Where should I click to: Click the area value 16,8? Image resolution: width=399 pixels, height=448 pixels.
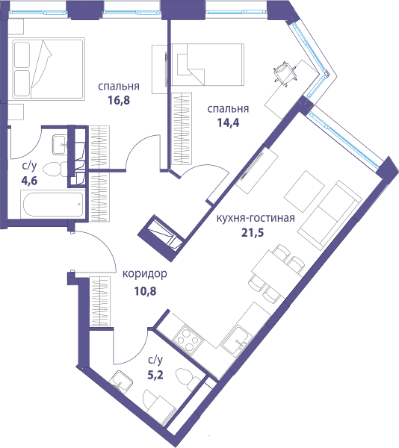(119, 100)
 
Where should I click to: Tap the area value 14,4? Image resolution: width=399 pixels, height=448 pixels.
(228, 122)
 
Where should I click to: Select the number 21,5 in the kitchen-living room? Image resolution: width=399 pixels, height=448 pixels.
(253, 232)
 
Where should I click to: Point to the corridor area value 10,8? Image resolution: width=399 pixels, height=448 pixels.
(145, 291)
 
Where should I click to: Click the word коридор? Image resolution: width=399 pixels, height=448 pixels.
(145, 274)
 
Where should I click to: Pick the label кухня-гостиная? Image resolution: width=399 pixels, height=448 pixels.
(256, 218)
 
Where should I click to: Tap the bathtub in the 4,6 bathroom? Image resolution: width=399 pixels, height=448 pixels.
(53, 205)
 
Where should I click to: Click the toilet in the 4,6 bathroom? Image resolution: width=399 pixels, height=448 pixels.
(55, 169)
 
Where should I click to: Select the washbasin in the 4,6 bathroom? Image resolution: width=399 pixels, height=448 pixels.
(60, 145)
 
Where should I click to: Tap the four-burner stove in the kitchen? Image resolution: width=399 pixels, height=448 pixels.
(188, 339)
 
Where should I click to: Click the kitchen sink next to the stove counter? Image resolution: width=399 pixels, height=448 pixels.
(236, 340)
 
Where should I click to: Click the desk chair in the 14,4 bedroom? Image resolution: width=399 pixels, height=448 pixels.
(285, 72)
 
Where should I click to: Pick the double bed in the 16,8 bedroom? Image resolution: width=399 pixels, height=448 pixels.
(46, 69)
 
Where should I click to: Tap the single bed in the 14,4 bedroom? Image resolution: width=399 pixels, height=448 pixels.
(208, 64)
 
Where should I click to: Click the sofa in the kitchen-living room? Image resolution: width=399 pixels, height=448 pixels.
(330, 214)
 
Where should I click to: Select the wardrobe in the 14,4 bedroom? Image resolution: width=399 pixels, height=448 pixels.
(182, 129)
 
